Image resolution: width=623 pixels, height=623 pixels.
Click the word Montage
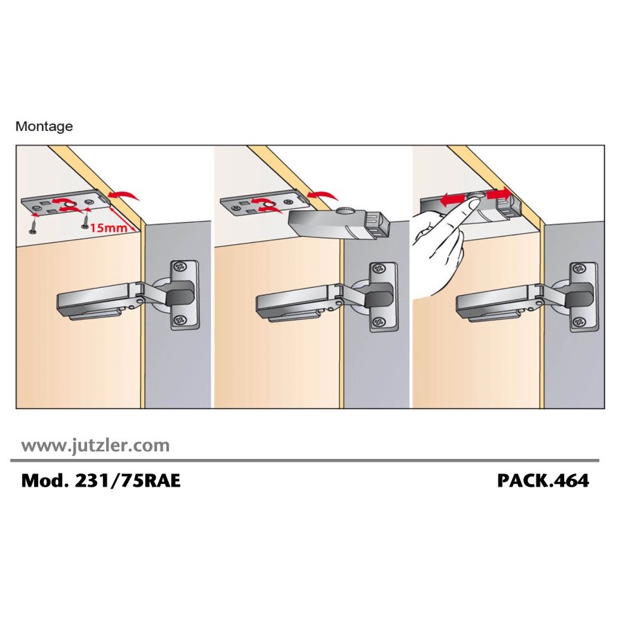[44, 127]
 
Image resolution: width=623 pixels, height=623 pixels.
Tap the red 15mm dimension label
[109, 227]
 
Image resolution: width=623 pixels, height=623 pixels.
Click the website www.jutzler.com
[96, 445]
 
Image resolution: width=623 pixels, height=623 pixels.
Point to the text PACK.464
[543, 481]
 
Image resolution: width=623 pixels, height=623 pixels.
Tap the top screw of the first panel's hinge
[181, 267]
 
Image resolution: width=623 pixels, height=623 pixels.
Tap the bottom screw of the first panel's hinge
[181, 318]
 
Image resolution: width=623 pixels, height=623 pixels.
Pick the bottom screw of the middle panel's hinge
[380, 320]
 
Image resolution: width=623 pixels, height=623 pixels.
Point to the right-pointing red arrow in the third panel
[498, 195]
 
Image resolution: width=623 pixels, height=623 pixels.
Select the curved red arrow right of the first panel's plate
[124, 195]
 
